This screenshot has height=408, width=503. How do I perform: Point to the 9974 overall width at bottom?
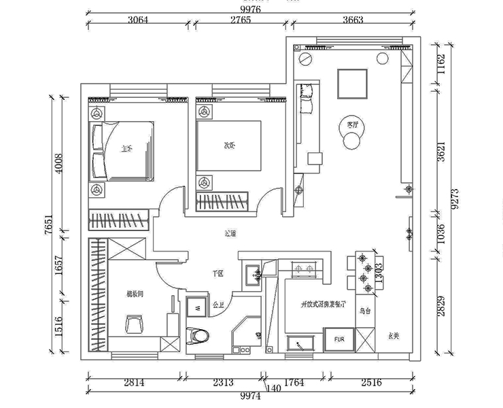pos(250,396)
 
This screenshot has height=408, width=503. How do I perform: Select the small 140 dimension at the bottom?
pos(273,388)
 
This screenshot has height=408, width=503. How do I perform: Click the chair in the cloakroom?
pos(134,324)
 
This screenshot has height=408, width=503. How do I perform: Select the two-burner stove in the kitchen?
pos(303,269)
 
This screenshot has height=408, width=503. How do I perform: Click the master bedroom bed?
pos(122,151)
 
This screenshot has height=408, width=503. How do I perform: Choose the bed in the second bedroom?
pos(228,146)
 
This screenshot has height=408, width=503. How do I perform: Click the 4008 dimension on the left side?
pos(58,163)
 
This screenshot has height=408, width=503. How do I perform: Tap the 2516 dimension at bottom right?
pos(371,383)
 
